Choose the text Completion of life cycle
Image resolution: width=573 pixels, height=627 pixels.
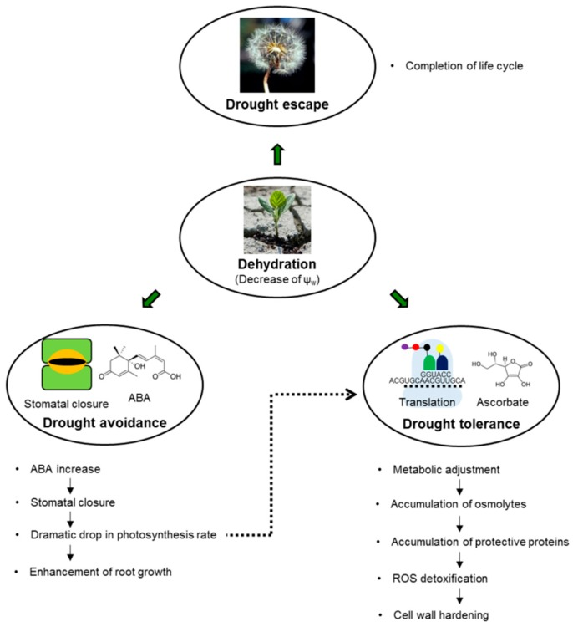tap(464, 64)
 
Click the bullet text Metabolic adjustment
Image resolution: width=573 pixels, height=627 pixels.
tap(446, 469)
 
